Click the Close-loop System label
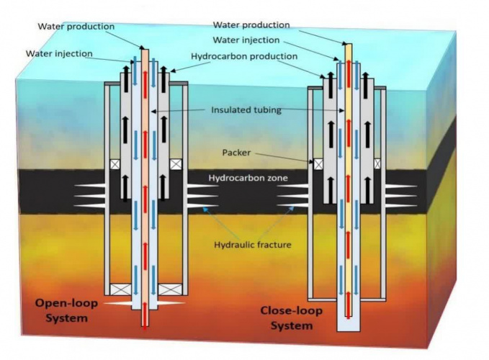click(292, 318)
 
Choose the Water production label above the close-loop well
click(251, 25)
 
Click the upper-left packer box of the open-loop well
click(114, 164)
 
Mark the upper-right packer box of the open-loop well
click(175, 164)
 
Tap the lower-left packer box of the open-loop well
click(119, 289)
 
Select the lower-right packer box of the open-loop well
click(171, 289)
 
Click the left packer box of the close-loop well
click(318, 164)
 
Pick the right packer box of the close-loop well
click(377, 164)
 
